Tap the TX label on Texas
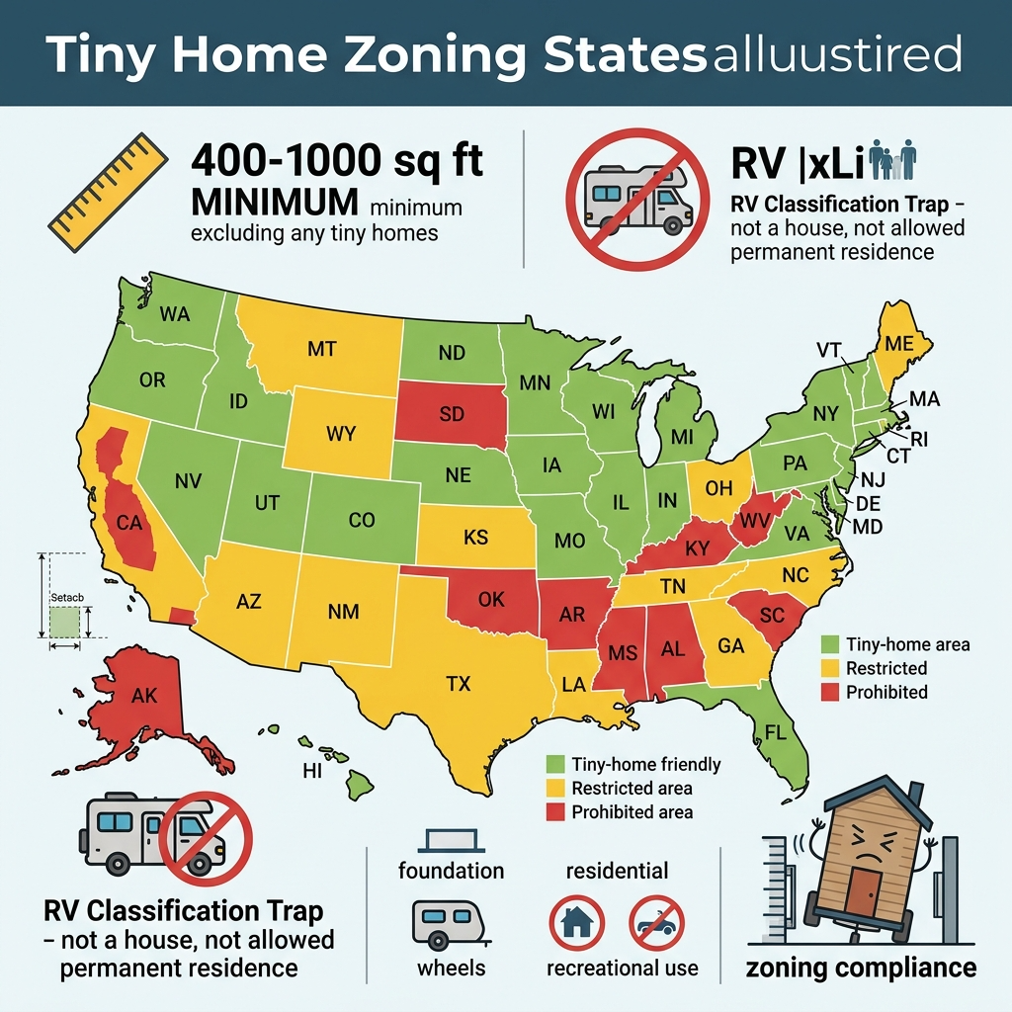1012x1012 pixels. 459,682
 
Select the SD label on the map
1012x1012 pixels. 451,414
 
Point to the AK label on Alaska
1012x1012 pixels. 144,694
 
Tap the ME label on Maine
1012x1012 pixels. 898,344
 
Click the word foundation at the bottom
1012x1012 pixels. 451,871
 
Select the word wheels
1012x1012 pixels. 451,967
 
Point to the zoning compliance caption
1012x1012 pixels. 860,967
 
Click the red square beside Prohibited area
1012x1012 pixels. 556,811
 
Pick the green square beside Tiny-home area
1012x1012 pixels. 830,644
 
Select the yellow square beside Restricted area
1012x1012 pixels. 556,788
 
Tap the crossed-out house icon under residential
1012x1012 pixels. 576,923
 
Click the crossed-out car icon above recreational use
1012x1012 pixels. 656,923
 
